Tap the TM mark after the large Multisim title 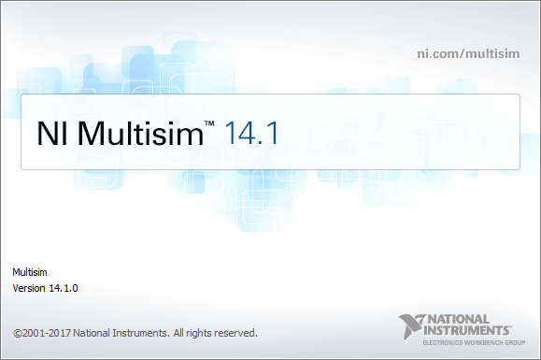210,124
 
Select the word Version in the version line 28,288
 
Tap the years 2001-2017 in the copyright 47,332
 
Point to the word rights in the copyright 200,332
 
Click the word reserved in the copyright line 237,332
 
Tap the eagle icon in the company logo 411,325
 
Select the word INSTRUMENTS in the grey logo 468,330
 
